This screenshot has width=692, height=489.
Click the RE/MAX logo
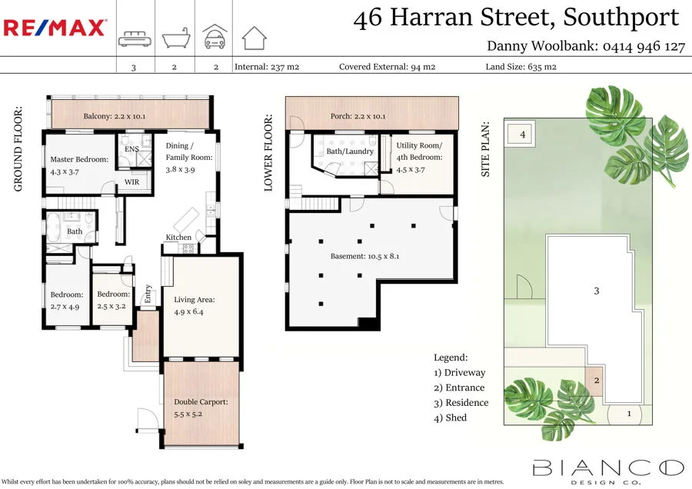(55, 28)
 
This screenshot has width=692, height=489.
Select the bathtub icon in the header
(175, 38)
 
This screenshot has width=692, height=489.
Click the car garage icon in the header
(215, 37)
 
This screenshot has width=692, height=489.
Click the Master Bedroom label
(80, 165)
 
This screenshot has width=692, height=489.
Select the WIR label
(132, 182)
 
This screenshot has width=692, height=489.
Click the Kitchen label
(178, 238)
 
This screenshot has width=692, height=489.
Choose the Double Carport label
(201, 407)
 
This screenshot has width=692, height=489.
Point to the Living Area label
(195, 305)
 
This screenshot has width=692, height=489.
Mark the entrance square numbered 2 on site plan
(596, 379)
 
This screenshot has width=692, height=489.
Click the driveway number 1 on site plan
(629, 414)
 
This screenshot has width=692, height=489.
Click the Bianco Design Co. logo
(607, 468)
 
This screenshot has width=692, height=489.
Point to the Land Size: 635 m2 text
(521, 67)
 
